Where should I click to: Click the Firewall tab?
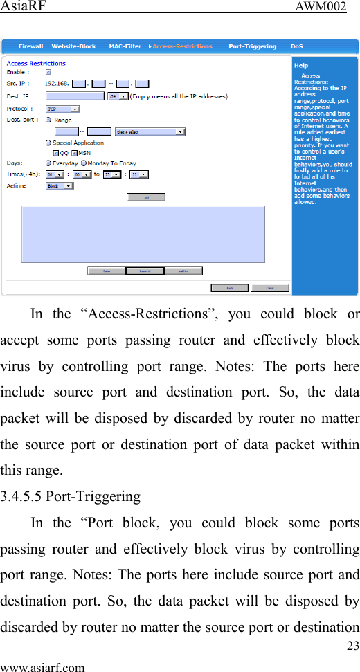click(30, 46)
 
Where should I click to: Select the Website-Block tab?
click(73, 46)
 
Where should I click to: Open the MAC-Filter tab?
click(125, 46)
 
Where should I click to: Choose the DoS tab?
click(296, 46)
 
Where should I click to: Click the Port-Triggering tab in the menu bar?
click(252, 46)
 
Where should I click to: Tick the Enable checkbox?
click(48, 72)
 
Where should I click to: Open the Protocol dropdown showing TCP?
click(62, 109)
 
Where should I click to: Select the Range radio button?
click(48, 120)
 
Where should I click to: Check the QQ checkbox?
click(56, 153)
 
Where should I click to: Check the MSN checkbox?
click(75, 153)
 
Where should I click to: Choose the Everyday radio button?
click(48, 163)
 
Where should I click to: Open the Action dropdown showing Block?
click(60, 186)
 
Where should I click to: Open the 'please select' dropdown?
click(150, 131)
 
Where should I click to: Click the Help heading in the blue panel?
click(301, 65)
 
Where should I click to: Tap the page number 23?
click(353, 646)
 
